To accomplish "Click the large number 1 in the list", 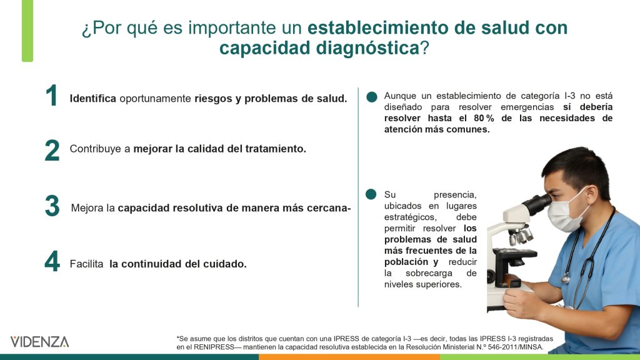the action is [x=52, y=96].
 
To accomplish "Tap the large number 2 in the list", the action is [x=52, y=150].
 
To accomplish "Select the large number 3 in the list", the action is [x=52, y=206].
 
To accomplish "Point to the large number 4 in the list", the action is [x=52, y=261].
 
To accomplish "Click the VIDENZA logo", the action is [x=39, y=342].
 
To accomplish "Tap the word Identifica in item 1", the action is [x=93, y=98].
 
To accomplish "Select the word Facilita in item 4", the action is [x=86, y=264].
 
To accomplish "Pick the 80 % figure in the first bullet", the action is [x=484, y=118].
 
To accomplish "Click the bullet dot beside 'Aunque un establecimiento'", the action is [x=372, y=97].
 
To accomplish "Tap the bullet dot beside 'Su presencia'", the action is [x=371, y=194].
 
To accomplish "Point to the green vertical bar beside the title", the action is [x=27, y=31].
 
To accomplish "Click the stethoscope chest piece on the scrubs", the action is [x=565, y=279].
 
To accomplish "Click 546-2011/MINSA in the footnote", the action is [x=516, y=347].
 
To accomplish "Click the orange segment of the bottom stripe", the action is [x=349, y=357].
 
